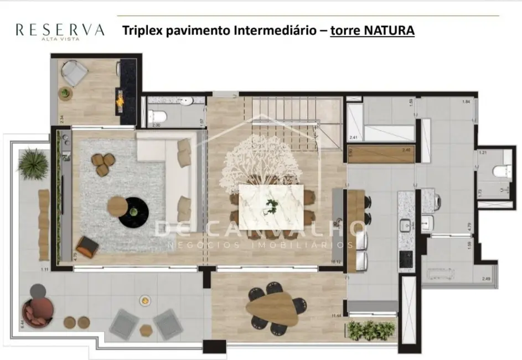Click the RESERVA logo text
60,29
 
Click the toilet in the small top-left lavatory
160,116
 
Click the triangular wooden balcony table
272,308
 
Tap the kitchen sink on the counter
406,226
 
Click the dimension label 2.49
485,279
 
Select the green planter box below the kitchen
371,330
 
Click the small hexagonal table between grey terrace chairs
146,330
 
